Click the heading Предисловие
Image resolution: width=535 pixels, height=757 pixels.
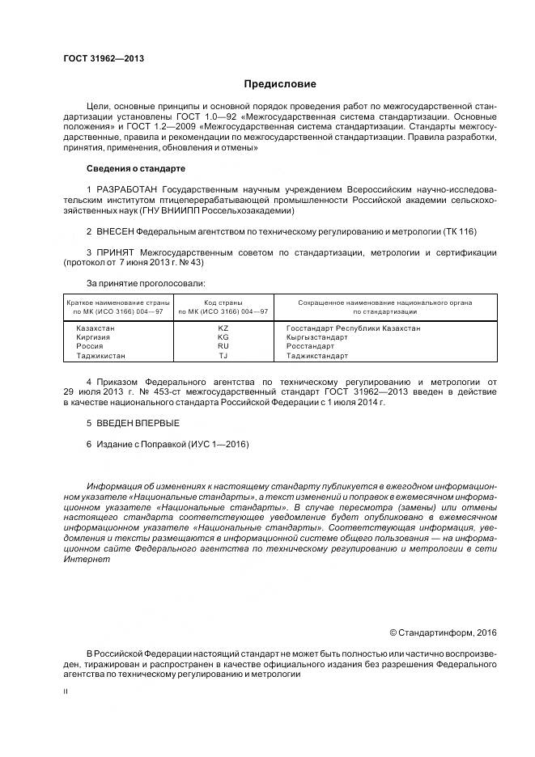click(280, 84)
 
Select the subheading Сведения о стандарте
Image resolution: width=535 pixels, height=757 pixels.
click(135, 168)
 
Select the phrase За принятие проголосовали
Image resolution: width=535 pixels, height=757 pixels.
click(146, 283)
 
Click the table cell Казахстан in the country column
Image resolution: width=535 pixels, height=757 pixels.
click(96, 328)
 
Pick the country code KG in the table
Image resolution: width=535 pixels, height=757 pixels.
click(223, 337)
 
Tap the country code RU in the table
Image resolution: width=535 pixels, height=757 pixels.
click(223, 346)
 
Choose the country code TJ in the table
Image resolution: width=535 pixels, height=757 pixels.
click(223, 355)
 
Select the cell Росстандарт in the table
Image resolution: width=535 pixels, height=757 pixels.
click(310, 346)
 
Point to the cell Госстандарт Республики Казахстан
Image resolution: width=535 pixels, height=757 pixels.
click(353, 328)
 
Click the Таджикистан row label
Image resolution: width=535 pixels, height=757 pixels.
click(101, 355)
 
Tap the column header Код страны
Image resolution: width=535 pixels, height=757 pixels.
click(223, 302)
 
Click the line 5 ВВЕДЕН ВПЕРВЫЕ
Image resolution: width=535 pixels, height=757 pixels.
click(133, 423)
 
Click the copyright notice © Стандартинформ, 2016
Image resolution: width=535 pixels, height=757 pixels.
click(442, 632)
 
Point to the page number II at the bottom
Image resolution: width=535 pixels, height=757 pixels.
click(66, 691)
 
